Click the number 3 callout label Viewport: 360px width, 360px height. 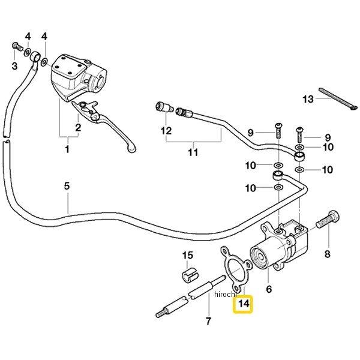click(x=15, y=65)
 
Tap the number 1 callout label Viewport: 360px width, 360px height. click(x=67, y=149)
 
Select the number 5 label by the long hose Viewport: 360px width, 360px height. click(x=67, y=186)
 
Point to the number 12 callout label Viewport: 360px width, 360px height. click(x=166, y=130)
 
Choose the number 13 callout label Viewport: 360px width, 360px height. click(x=308, y=99)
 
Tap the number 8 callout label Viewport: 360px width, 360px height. click(x=328, y=254)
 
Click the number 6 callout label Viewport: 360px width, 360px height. click(x=269, y=289)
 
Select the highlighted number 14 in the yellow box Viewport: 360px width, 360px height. click(x=243, y=305)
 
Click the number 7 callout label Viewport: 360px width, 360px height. click(x=208, y=320)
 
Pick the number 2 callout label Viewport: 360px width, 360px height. click(x=78, y=127)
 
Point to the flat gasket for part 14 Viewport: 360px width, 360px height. click(x=230, y=270)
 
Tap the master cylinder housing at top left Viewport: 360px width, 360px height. click(x=72, y=75)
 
